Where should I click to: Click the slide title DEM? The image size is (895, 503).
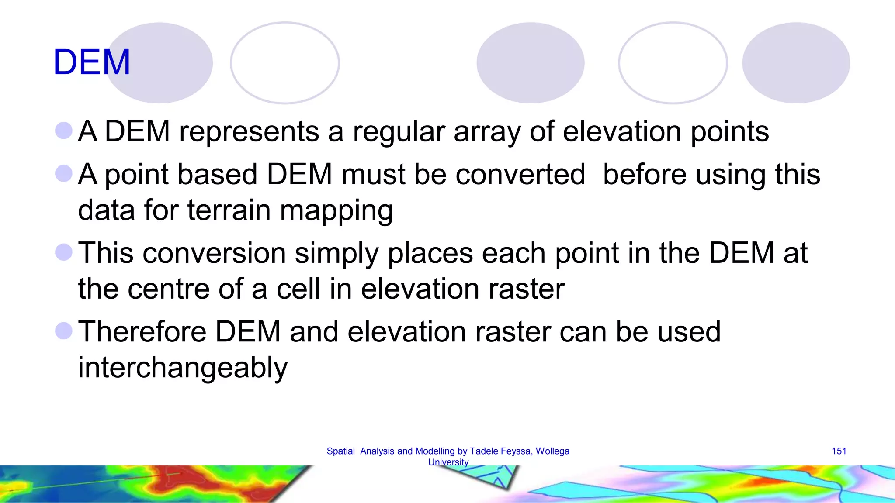click(91, 62)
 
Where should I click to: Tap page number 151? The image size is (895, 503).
click(839, 451)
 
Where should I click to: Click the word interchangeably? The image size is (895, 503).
click(183, 368)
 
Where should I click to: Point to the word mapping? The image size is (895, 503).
click(336, 211)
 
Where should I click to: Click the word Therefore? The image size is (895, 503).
click(142, 331)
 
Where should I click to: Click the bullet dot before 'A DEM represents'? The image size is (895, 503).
click(64, 131)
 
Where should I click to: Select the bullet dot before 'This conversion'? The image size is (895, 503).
click(64, 252)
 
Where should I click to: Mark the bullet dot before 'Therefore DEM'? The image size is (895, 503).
click(64, 331)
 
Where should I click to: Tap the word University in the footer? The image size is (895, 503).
click(448, 462)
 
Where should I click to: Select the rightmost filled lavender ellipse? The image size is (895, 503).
click(796, 63)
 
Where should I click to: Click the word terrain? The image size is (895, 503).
click(229, 210)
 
